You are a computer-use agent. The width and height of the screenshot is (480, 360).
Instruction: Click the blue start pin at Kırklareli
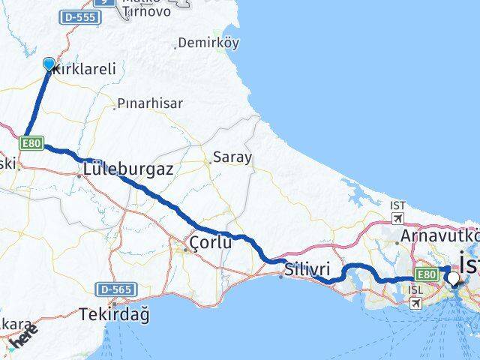click(49, 64)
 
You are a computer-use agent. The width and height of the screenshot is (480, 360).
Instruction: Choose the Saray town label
click(232, 157)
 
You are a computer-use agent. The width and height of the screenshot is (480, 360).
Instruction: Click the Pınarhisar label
click(150, 103)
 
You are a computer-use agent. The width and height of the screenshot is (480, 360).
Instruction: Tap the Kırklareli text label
click(84, 68)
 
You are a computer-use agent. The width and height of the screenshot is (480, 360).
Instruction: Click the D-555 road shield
click(80, 16)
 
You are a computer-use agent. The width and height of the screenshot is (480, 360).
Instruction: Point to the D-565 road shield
click(113, 289)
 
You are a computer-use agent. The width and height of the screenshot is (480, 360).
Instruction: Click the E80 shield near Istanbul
click(425, 274)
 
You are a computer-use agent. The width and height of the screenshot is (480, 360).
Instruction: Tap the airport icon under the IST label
click(397, 219)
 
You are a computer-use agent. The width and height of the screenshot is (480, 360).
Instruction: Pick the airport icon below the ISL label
click(416, 303)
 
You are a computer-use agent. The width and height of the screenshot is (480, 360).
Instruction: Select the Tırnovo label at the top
click(147, 11)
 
